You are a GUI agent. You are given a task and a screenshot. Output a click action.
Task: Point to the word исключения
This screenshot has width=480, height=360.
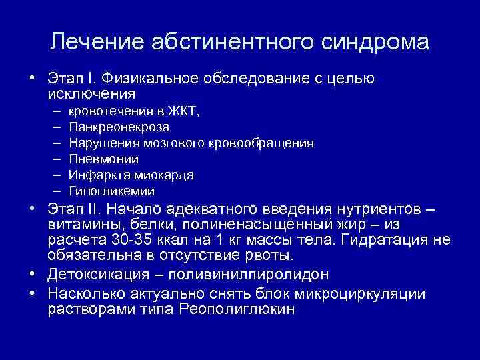(x=91, y=94)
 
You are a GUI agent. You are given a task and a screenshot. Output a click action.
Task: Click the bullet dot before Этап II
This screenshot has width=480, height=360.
(x=32, y=209)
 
